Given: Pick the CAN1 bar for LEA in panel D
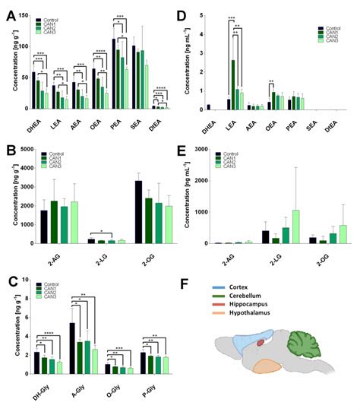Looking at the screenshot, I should point(234,84).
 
